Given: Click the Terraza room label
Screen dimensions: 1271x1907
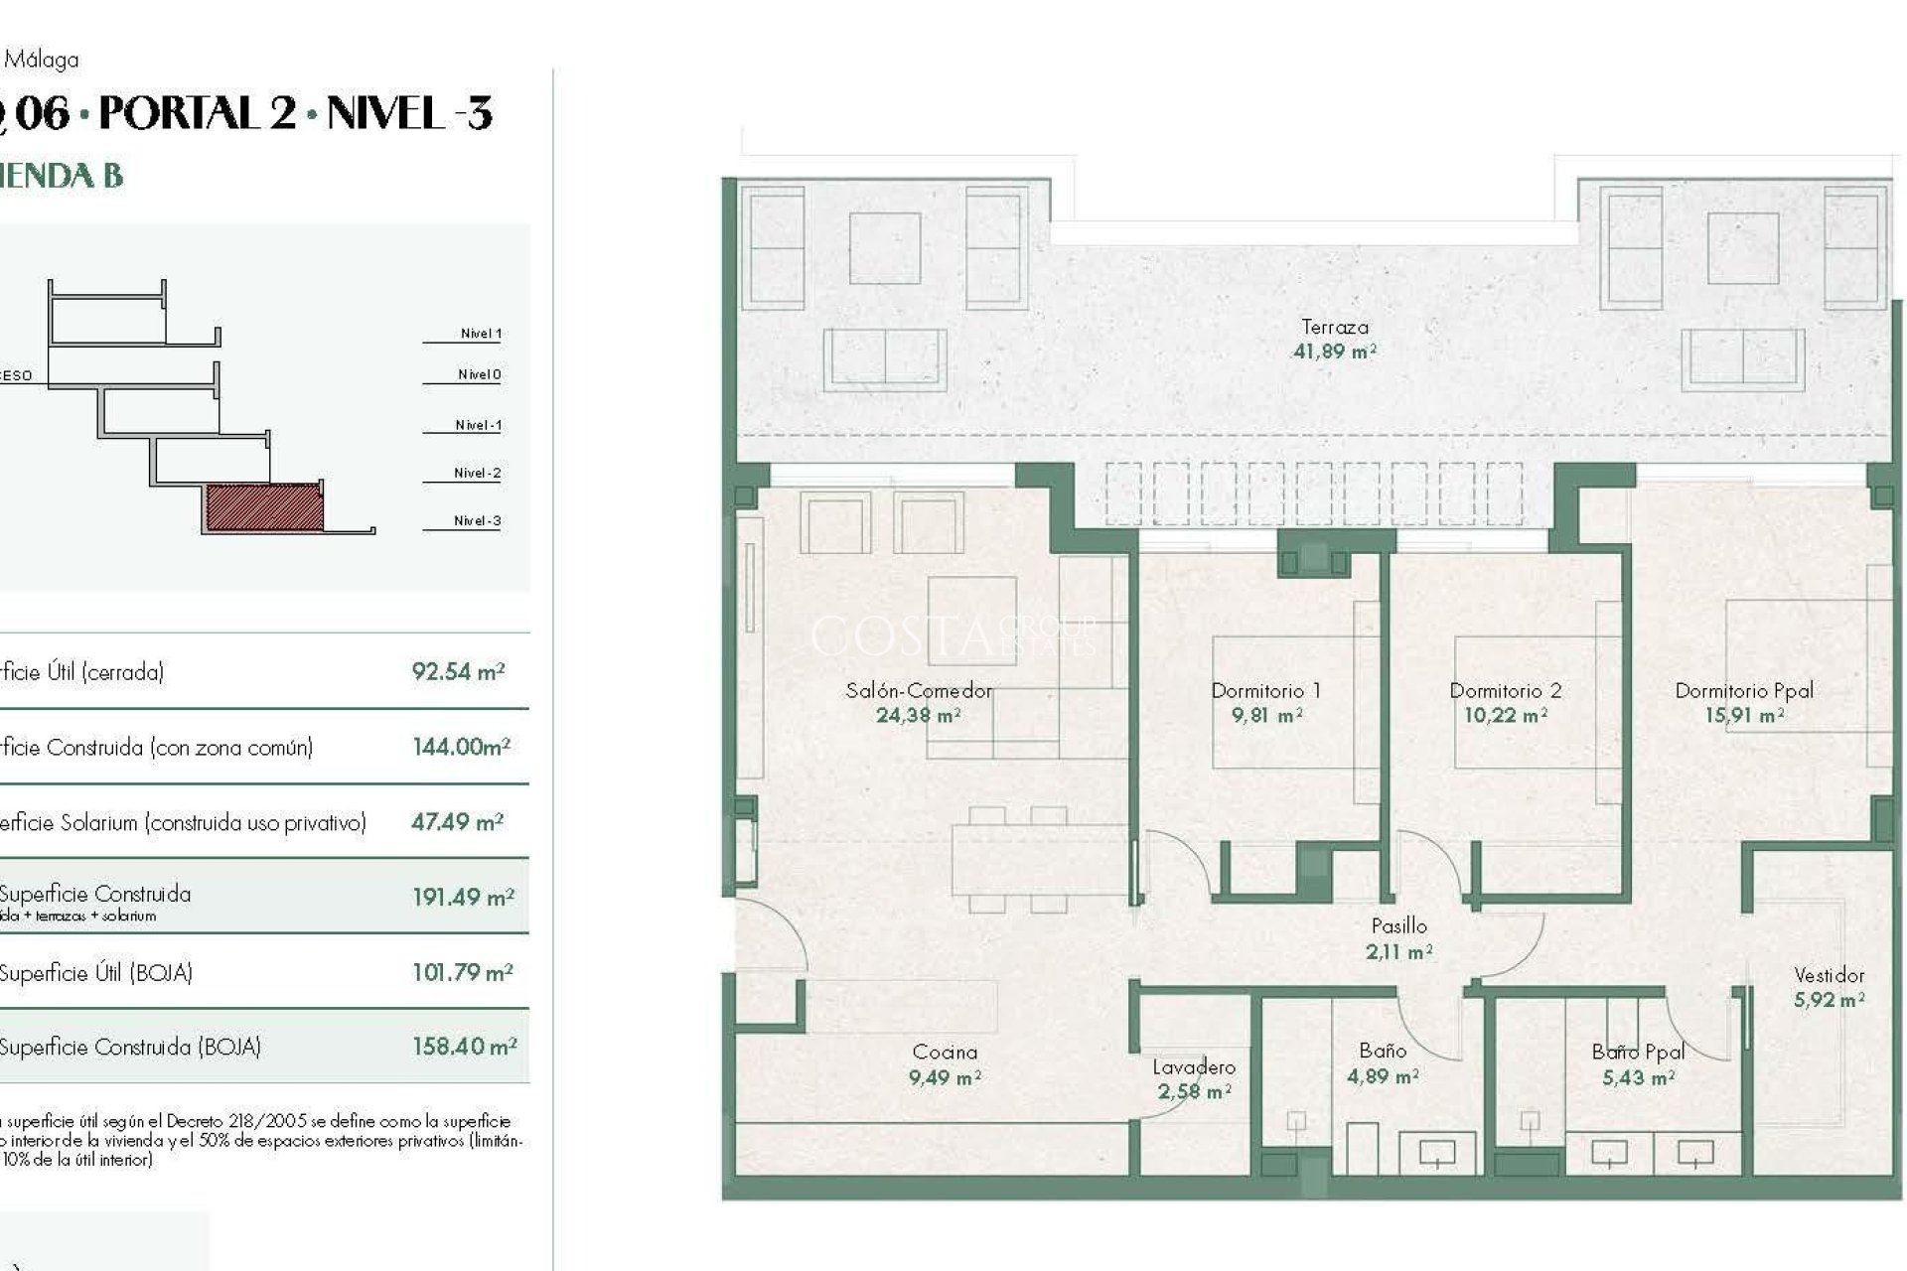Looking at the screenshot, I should [1334, 327].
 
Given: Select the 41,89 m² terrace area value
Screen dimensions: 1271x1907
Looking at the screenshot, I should [1334, 351].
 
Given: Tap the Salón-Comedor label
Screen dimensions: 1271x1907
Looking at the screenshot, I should [919, 690].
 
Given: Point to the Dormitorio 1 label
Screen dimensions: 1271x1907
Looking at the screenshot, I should [1265, 690].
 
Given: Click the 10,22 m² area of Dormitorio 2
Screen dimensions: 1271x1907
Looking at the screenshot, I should [1505, 715].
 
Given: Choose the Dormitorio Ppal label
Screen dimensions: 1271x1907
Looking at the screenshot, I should [1744, 690].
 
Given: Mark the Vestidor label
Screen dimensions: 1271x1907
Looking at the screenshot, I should [1829, 975].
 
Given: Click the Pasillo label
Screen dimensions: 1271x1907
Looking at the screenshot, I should [1398, 925].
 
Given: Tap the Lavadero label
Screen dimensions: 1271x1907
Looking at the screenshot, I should [1194, 1067].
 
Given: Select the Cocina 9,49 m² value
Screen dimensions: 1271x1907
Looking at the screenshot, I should [945, 1077].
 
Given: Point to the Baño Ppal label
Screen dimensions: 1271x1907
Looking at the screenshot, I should [1638, 1052].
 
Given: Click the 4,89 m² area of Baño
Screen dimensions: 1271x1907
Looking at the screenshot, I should [1382, 1076].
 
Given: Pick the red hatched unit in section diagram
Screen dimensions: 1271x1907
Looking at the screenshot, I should [264, 507].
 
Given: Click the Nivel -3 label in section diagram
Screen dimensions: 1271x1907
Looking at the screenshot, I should [477, 520].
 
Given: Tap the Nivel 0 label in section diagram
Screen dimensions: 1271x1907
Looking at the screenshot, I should [479, 374].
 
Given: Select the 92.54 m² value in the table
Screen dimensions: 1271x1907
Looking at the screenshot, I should [458, 671].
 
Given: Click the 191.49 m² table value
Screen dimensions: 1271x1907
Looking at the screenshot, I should [463, 897].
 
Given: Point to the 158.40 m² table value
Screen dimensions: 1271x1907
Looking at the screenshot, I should [464, 1047].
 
